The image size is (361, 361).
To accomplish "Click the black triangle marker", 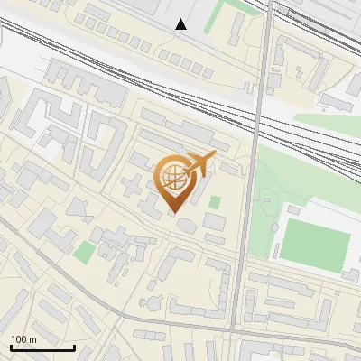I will click(x=181, y=24).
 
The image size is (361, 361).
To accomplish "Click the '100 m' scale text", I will click(x=23, y=339).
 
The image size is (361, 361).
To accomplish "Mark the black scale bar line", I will click(x=42, y=347).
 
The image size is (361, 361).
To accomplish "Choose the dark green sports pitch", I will click(x=315, y=245).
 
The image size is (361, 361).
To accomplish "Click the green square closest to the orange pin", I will click(x=215, y=202).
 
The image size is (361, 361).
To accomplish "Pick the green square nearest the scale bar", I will click(x=83, y=252).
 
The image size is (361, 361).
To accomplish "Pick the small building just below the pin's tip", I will click(x=183, y=225).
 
